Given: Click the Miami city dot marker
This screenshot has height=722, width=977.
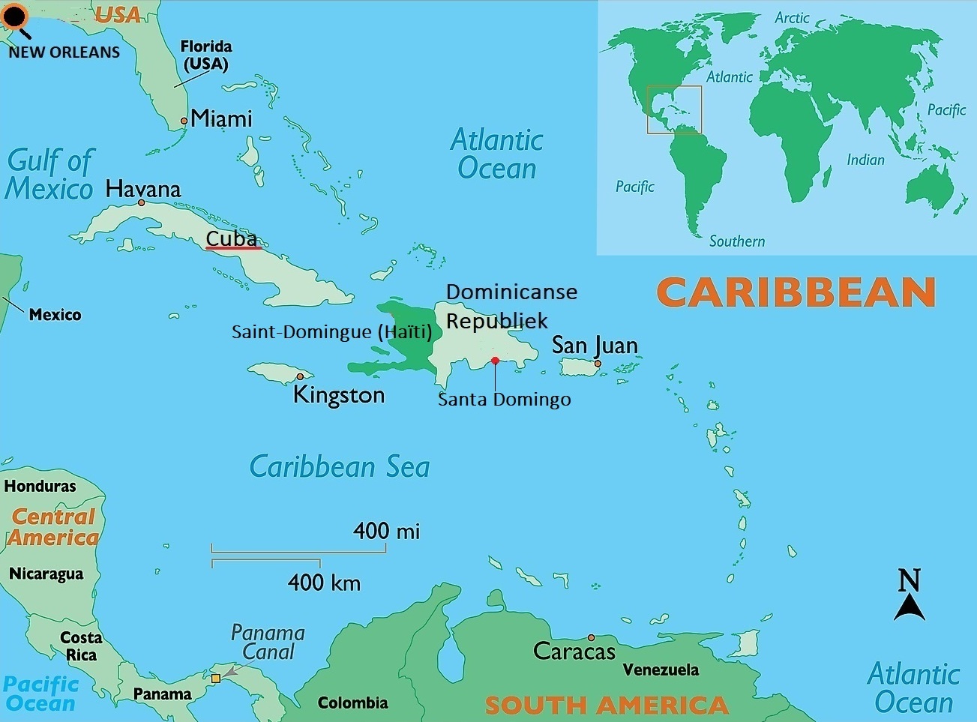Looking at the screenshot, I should pyautogui.click(x=184, y=121).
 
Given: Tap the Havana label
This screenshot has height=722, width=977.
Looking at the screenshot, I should pyautogui.click(x=143, y=188).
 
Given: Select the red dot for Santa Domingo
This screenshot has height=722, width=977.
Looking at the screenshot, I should pyautogui.click(x=495, y=361).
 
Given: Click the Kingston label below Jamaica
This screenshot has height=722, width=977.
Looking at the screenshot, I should pyautogui.click(x=338, y=394).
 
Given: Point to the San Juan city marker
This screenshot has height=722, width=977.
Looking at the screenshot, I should pyautogui.click(x=598, y=364).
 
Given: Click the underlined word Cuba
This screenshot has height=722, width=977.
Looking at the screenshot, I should pyautogui.click(x=232, y=238).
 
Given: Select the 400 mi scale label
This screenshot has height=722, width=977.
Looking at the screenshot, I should pyautogui.click(x=386, y=531).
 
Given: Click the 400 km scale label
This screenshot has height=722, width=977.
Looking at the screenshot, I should pyautogui.click(x=324, y=583).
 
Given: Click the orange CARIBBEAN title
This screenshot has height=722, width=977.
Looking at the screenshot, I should pyautogui.click(x=796, y=292).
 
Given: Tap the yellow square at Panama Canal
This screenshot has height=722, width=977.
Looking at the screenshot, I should pyautogui.click(x=216, y=678).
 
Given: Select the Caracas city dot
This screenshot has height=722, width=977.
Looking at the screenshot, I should pyautogui.click(x=591, y=637).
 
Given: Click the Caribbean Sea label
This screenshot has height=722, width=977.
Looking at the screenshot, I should pyautogui.click(x=340, y=466).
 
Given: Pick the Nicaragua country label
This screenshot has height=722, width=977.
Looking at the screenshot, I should pyautogui.click(x=46, y=574).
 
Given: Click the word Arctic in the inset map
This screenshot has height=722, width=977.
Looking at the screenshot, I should pyautogui.click(x=792, y=17).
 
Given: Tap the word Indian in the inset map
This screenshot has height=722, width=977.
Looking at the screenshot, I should pyautogui.click(x=865, y=160).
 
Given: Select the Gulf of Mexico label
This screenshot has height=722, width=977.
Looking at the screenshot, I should pyautogui.click(x=49, y=175).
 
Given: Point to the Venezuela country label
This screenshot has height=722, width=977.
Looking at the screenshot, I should pyautogui.click(x=661, y=670).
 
